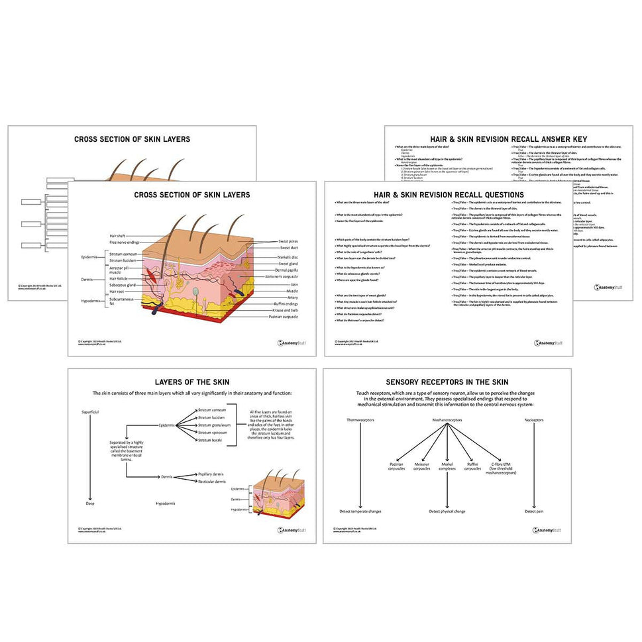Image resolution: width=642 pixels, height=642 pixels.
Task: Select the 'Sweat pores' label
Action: point(288,242)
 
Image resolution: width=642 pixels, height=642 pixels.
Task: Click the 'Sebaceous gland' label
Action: point(123,285)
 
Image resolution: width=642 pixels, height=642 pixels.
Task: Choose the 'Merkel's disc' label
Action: point(288,256)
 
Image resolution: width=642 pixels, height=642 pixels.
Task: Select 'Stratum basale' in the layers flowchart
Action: point(212,440)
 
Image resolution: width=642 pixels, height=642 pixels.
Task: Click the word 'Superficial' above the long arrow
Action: point(90,411)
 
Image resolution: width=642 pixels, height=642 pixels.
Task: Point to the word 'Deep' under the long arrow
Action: point(90,503)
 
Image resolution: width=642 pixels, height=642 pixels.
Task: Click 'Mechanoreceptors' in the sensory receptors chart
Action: point(447,420)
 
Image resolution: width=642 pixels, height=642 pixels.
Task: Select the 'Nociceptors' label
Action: point(534,420)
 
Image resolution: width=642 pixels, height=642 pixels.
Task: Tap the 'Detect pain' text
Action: point(534,511)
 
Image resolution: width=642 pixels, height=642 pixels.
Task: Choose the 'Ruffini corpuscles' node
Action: point(472,466)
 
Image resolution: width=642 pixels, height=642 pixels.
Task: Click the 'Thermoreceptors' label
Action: point(360,420)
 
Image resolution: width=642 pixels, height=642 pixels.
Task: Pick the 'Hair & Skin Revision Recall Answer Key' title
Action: point(508,139)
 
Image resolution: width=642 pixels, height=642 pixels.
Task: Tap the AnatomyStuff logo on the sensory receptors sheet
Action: point(547,530)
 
